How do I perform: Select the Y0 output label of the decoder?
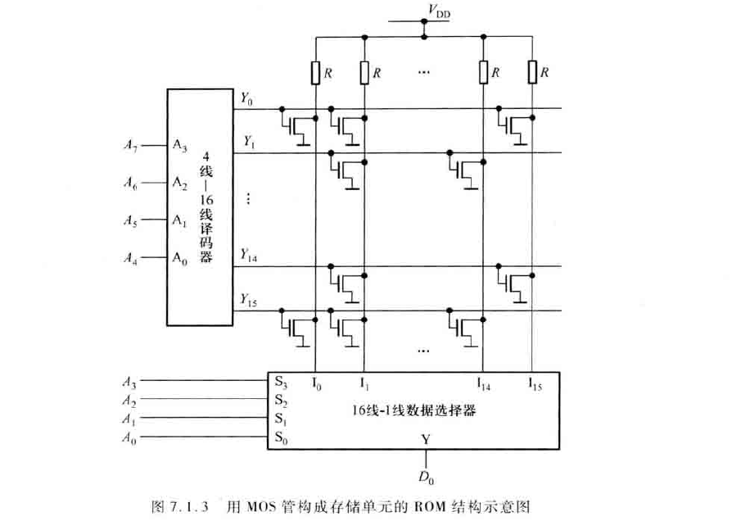pyautogui.click(x=246, y=99)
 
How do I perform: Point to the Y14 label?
pyautogui.click(x=249, y=258)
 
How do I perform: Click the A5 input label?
pyautogui.click(x=130, y=220)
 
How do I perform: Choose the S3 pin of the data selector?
pyautogui.click(x=282, y=382)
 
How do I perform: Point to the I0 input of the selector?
pyautogui.click(x=318, y=382)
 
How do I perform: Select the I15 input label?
pyautogui.click(x=535, y=382)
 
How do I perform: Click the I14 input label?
pyautogui.click(x=485, y=382)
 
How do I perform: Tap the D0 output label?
pyautogui.click(x=426, y=475)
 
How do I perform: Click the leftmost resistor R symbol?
pyautogui.click(x=315, y=73)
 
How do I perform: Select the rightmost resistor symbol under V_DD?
pyautogui.click(x=532, y=73)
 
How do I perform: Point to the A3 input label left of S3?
pyautogui.click(x=129, y=382)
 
